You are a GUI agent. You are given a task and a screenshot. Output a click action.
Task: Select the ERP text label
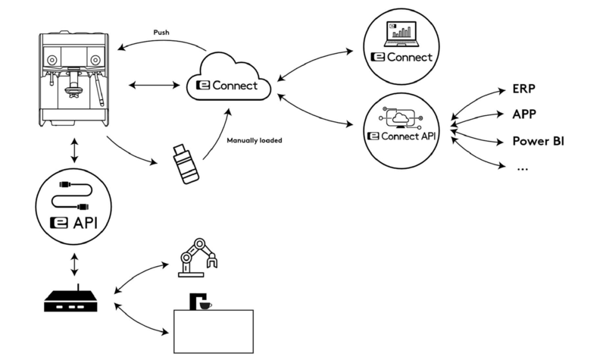pos(525,89)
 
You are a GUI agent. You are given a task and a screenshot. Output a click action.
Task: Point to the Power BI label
pos(539,141)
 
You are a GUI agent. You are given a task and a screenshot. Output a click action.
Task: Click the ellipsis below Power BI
pos(521,167)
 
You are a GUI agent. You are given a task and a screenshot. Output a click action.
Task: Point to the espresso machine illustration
pos(73,78)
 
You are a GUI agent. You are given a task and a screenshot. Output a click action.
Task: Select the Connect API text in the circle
pos(407,136)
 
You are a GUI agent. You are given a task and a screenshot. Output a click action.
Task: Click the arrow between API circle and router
pos(73,265)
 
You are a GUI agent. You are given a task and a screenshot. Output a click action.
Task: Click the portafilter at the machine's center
pos(73,91)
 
